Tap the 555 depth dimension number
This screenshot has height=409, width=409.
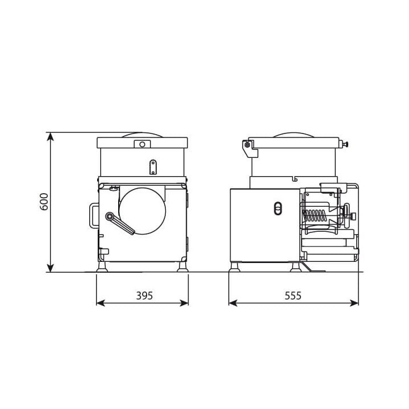(x=293, y=295)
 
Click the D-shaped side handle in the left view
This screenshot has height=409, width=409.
(x=92, y=215)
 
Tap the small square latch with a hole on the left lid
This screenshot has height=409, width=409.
(x=139, y=145)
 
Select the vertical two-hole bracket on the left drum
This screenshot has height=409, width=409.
(x=153, y=166)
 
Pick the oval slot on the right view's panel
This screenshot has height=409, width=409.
(x=277, y=208)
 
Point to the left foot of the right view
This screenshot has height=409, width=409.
(x=235, y=267)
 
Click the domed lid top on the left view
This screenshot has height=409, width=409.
(x=143, y=134)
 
